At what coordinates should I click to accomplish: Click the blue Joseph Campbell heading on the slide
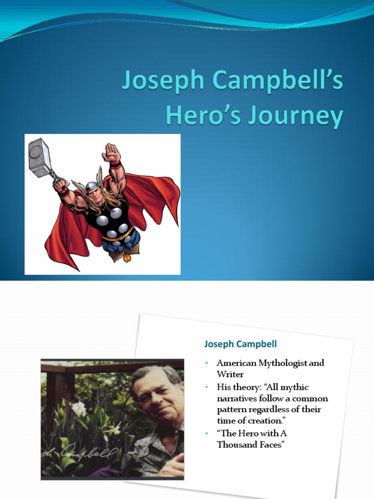pos(240,344)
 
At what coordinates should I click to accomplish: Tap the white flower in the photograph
pos(78,408)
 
